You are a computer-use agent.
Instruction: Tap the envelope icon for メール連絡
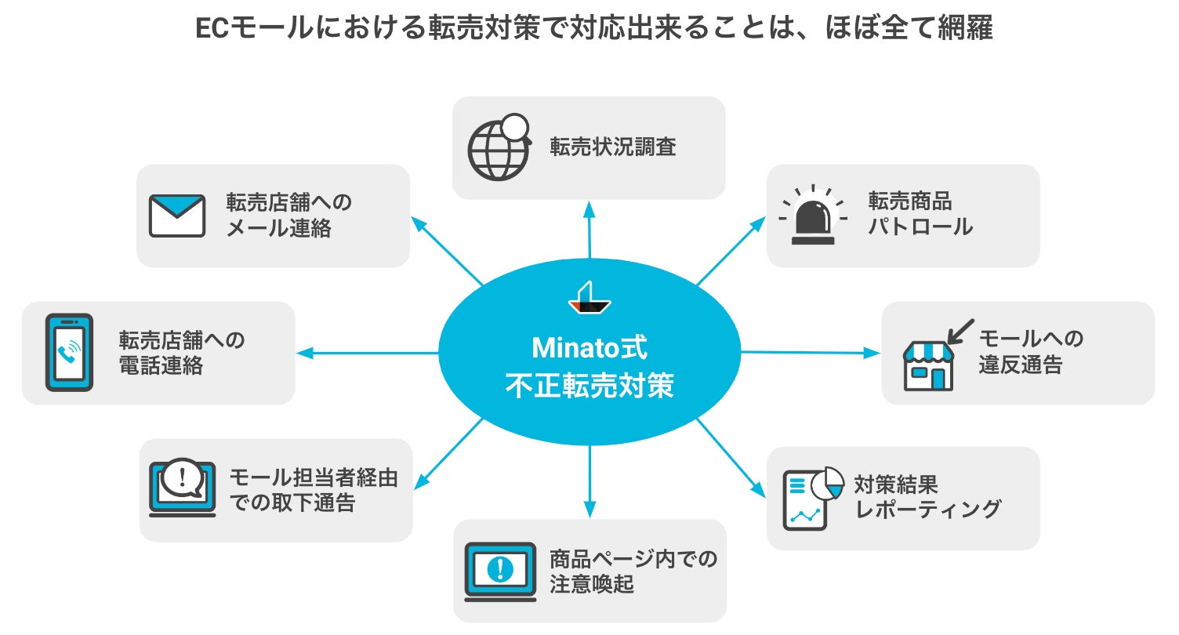coord(177,216)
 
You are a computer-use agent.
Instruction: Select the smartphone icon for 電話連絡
coord(69,353)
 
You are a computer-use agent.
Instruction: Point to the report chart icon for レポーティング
coord(812,499)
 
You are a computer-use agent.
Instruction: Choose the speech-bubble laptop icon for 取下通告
coord(182,488)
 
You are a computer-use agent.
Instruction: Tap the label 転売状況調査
coord(612,147)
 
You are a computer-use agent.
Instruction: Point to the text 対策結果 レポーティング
coord(928,495)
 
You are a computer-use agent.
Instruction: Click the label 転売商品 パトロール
coord(920,214)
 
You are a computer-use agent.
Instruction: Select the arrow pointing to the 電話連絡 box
coord(368,353)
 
